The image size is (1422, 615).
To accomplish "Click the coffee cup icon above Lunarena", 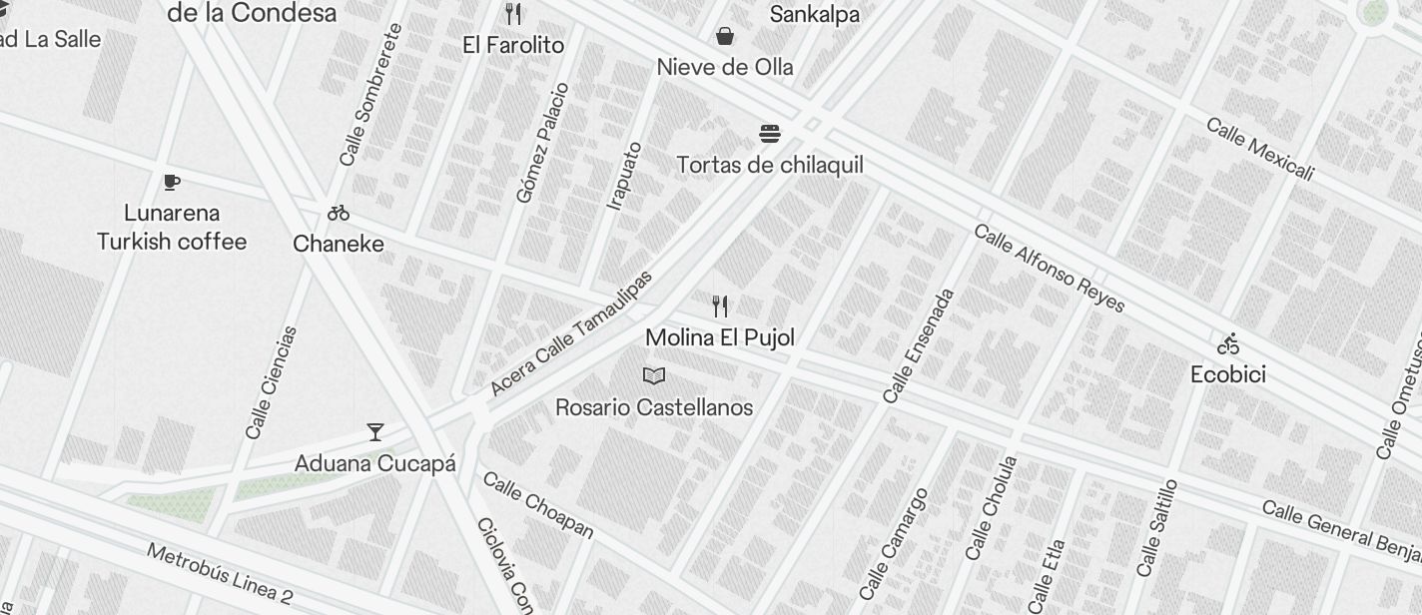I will (172, 182).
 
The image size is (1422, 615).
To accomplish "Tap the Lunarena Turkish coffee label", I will (172, 228).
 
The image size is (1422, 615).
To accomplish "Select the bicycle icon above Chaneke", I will (339, 213).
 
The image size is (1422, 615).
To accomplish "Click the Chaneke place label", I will (339, 244).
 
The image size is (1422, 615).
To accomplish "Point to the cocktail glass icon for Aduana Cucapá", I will (375, 432).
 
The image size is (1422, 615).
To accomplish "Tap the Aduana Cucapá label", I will (375, 463).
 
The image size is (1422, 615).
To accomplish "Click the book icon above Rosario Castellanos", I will (654, 376).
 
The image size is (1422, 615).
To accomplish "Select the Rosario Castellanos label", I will (654, 407).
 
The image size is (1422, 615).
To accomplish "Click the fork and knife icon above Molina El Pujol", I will (720, 306).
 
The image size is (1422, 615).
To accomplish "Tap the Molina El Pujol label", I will (720, 337).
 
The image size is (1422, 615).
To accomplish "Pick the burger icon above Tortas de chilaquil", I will (769, 134).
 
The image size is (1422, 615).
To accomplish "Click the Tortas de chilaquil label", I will (769, 165).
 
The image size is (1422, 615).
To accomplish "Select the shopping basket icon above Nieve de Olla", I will (725, 37).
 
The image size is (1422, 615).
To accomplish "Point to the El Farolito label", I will (513, 45).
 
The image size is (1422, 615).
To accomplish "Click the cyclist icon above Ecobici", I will (1228, 344).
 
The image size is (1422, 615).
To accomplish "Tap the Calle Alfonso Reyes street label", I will (1049, 269).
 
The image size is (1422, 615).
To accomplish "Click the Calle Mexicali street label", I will (1259, 150).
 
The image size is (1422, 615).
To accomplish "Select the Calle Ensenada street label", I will (919, 346).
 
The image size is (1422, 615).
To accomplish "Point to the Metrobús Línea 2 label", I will (220, 574).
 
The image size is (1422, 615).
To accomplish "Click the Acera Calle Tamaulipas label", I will (570, 333).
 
